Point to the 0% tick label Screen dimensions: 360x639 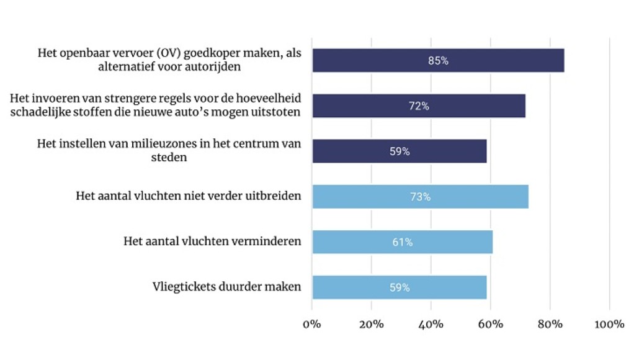click(x=311, y=325)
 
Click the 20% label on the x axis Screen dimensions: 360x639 click(x=371, y=325)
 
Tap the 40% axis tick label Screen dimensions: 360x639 click(x=431, y=325)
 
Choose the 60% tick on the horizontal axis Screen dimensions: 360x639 click(x=490, y=325)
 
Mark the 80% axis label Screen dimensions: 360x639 click(x=550, y=325)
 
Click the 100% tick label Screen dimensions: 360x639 click(x=609, y=325)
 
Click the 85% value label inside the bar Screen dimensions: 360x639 click(x=438, y=61)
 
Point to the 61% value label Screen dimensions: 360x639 click(x=402, y=242)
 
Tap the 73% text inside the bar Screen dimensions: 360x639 click(x=420, y=197)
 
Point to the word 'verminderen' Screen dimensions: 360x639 click(x=270, y=241)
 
